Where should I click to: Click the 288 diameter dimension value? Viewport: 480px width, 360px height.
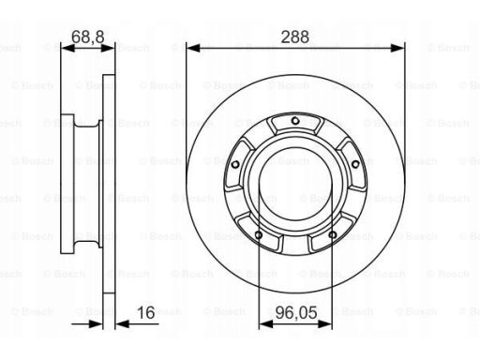(x=295, y=37)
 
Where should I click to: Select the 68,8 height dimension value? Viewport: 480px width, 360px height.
(x=88, y=37)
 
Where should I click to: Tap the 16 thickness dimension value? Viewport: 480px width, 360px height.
(x=146, y=312)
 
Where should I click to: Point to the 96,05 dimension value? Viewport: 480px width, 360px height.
(x=296, y=312)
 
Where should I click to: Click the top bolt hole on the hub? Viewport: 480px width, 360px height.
(x=295, y=121)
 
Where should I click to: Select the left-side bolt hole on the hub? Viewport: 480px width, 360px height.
(x=235, y=164)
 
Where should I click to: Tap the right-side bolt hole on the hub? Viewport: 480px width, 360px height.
(x=355, y=164)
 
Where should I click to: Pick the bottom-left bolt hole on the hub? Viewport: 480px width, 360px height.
(x=259, y=234)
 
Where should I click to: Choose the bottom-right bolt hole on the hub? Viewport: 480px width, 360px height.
(x=333, y=234)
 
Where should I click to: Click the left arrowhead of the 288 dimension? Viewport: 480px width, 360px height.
(x=193, y=48)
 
